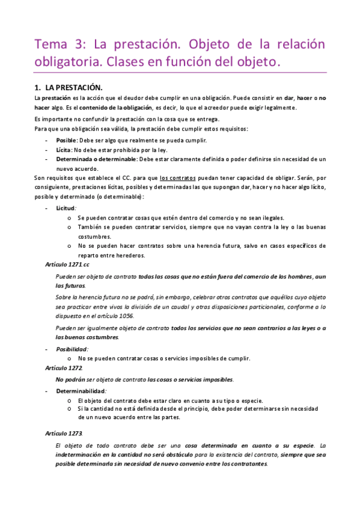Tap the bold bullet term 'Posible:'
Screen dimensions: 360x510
coord(67,140)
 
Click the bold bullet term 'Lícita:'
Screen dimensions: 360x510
coord(64,150)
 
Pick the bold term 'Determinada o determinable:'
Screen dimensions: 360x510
coord(96,159)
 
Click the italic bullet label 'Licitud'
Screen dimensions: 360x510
coord(66,207)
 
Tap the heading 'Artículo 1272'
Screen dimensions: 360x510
coord(64,367)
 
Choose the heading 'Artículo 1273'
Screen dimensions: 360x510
coord(64,433)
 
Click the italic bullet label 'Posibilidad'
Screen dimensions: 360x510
coord(72,349)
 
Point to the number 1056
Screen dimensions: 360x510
coord(125,316)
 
